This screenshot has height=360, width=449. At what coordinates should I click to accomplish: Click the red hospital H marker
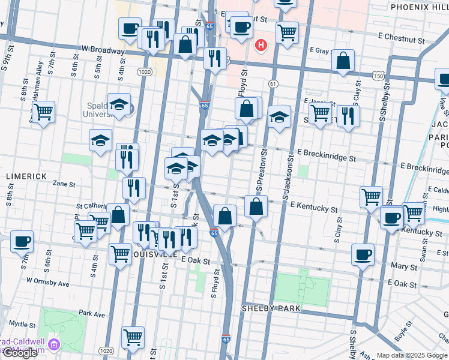(261, 45)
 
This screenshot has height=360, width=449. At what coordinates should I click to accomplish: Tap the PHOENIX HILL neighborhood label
(418, 7)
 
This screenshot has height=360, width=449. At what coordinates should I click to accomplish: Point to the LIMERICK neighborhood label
(26, 176)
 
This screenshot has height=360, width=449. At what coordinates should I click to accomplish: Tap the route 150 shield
(378, 76)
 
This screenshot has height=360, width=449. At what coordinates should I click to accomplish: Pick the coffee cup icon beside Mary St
(363, 254)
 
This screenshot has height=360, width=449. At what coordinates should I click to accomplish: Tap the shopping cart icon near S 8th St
(43, 112)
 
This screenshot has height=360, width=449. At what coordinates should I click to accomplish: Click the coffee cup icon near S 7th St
(22, 242)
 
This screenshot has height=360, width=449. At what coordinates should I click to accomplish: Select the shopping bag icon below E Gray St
(343, 61)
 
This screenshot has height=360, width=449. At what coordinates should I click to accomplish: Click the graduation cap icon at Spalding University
(119, 104)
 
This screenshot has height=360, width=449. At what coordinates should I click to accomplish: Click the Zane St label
(64, 184)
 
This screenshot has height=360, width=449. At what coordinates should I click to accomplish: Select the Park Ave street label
(92, 314)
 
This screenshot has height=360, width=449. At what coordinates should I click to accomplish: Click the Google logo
(20, 353)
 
